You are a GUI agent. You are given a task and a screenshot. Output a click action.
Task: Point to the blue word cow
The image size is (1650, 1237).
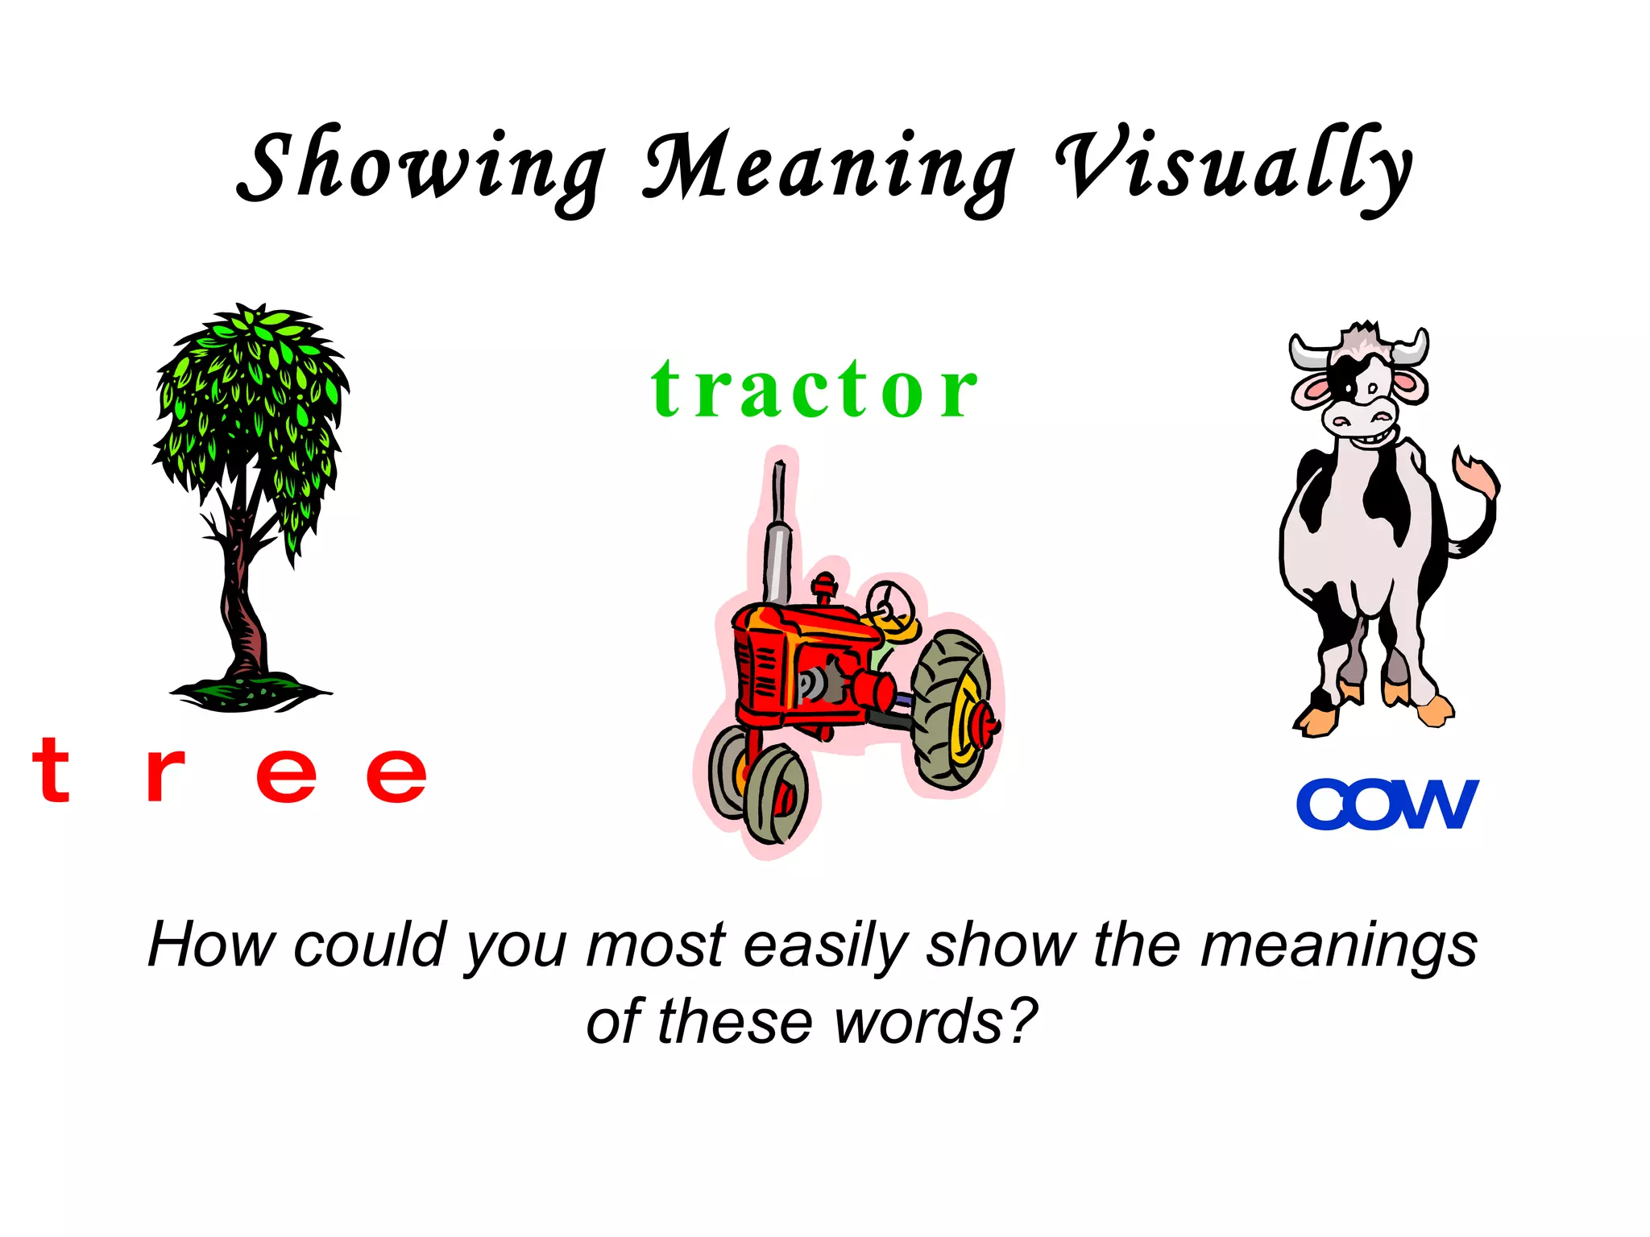click(x=1387, y=804)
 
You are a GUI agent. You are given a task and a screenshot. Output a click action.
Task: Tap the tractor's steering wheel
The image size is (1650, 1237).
click(x=889, y=602)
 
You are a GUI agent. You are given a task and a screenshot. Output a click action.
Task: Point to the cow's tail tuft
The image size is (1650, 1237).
click(x=1478, y=475)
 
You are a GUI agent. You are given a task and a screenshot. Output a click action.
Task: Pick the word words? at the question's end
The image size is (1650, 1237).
click(x=935, y=1021)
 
